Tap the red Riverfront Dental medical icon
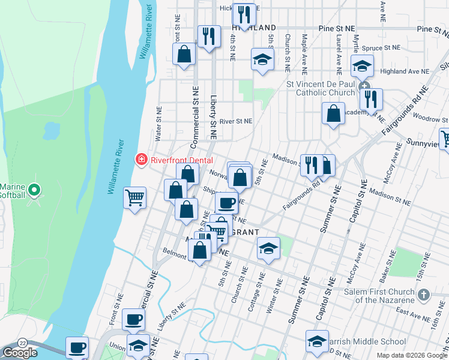click(x=142, y=160)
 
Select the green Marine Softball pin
click(x=34, y=191)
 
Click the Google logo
click(x=20, y=352)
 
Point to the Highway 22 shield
click(x=22, y=341)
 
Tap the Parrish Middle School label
click(x=368, y=341)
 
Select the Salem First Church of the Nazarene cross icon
click(x=424, y=295)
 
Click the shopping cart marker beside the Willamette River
click(x=135, y=197)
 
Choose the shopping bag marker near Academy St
click(x=334, y=113)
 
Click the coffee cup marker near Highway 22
click(x=76, y=347)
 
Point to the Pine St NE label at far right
click(x=433, y=29)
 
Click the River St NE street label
click(x=236, y=121)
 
